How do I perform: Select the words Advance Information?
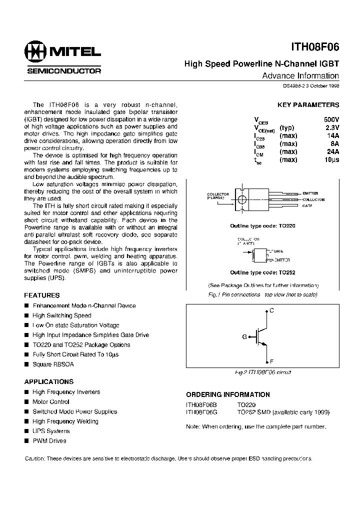pos(300,76)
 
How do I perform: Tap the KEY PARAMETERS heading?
pos(308,105)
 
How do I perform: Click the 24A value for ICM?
pos(332,152)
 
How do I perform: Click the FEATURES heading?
pos(42,295)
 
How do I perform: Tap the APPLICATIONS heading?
pos(49,381)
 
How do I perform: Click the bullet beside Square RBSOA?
pos(27,364)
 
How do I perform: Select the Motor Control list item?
pos(50,401)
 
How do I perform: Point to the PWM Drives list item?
pos(49,440)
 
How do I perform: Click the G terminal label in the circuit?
pos(244,336)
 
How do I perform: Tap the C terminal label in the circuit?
pos(271,310)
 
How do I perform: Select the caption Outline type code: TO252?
pos(262,272)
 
